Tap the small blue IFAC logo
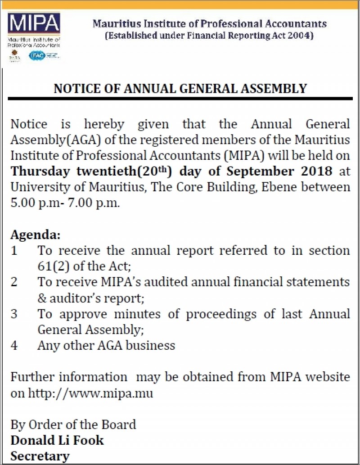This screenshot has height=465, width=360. coord(37,56)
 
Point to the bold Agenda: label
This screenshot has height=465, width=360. coord(35,235)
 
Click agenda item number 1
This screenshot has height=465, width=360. coord(14,251)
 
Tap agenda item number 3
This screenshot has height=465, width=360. coord(14,314)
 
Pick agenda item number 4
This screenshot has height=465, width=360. coord(14,345)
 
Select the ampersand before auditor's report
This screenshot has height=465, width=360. coord(42,298)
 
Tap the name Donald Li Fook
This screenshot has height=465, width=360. coord(57,440)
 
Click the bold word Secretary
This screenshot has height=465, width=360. coord(40,456)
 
